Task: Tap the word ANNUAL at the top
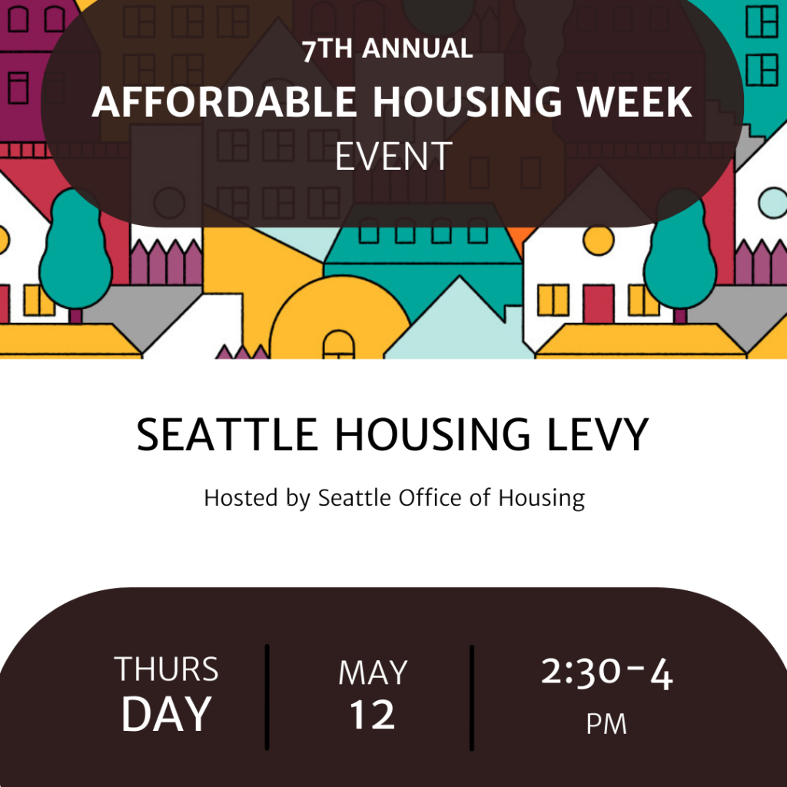(417, 48)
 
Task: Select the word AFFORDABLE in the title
(224, 102)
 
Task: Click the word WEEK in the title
(635, 102)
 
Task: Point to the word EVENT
(393, 157)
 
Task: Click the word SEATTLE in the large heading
(227, 435)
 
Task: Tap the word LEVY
(598, 435)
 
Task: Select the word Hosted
(241, 498)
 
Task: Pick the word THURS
(167, 669)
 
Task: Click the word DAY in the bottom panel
(167, 714)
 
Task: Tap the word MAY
(373, 672)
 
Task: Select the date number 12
(373, 714)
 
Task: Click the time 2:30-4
(607, 672)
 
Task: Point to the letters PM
(607, 724)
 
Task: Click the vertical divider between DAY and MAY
(267, 697)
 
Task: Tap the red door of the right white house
(598, 304)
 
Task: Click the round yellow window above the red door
(598, 241)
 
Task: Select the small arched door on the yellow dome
(338, 344)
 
